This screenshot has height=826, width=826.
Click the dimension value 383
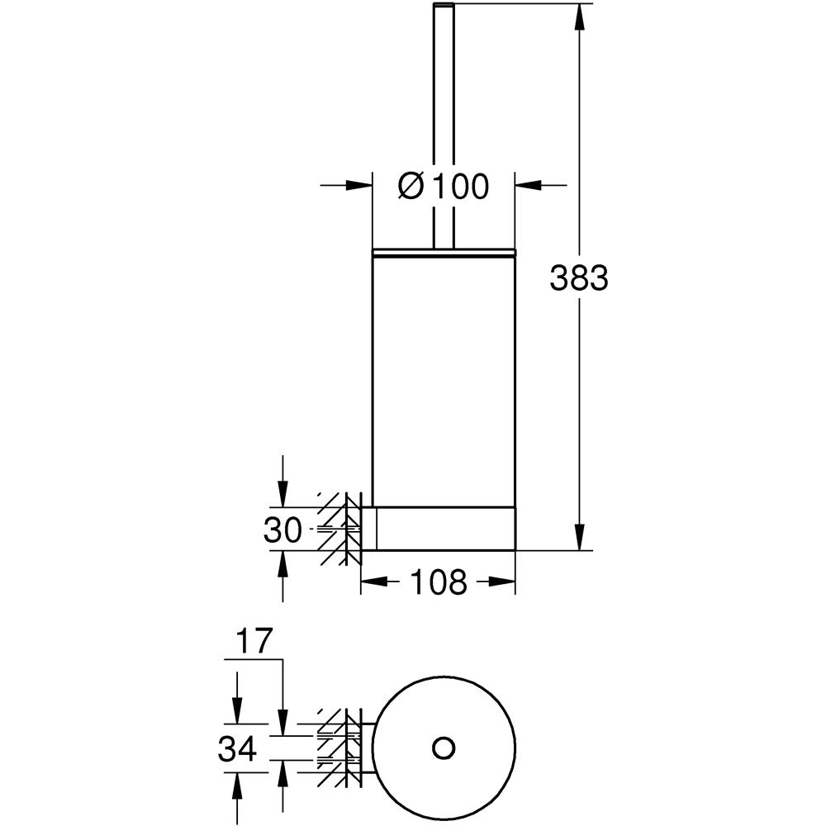579,279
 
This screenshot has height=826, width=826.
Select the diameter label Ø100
444,187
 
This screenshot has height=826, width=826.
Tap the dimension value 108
438,583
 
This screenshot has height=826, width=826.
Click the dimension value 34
237,750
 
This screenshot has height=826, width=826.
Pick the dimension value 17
253,642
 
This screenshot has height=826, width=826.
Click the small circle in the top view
444,747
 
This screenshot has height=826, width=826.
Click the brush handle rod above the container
444,124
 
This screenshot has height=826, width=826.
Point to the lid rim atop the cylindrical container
444,250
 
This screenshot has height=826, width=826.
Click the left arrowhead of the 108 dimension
374,582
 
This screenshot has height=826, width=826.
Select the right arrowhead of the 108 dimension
503,582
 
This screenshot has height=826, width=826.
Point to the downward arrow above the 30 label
282,492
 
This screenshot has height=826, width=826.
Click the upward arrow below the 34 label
237,785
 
